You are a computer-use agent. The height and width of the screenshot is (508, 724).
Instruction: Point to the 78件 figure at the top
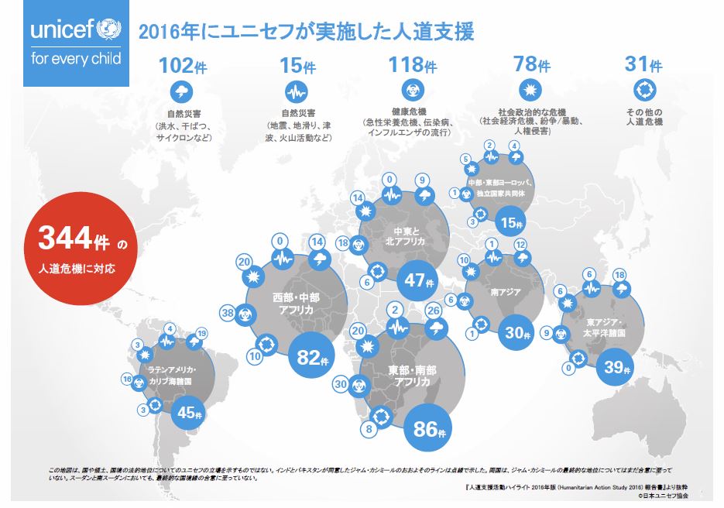pyautogui.click(x=530, y=64)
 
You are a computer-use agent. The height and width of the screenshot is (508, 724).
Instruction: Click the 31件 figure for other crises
pyautogui.click(x=642, y=64)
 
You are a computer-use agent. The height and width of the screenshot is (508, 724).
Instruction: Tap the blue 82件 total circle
pyautogui.click(x=314, y=358)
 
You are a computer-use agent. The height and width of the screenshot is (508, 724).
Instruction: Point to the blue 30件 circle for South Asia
pyautogui.click(x=516, y=334)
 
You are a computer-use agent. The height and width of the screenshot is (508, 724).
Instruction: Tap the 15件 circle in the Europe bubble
pyautogui.click(x=513, y=224)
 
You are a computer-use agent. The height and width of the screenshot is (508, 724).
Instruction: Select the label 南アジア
pyautogui.click(x=506, y=293)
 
